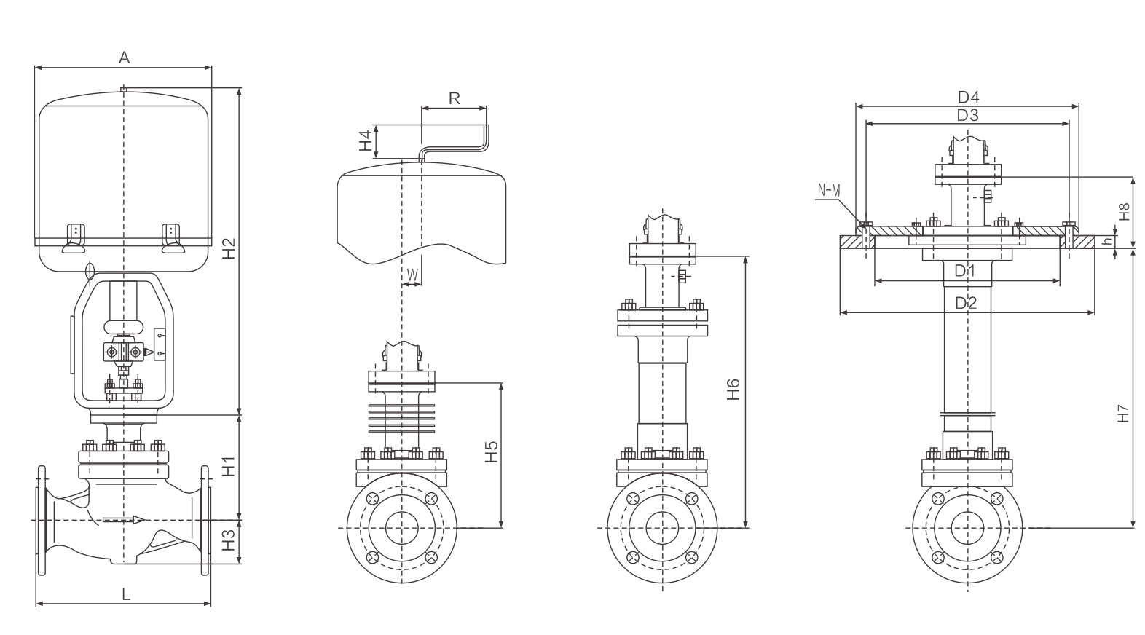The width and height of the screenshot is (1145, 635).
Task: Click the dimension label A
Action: point(125,58)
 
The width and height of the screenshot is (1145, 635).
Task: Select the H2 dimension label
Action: point(229,248)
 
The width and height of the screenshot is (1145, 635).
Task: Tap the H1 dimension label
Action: point(229,466)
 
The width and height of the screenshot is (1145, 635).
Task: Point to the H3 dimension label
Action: point(229,540)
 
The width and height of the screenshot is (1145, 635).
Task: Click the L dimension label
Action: point(126,594)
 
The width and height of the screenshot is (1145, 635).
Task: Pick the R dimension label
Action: point(454,98)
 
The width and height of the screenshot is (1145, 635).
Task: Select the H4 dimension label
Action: point(365,141)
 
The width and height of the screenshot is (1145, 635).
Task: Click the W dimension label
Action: point(412,275)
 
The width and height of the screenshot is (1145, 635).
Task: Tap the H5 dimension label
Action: point(491,451)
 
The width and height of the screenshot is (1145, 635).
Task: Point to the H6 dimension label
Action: point(733,390)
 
